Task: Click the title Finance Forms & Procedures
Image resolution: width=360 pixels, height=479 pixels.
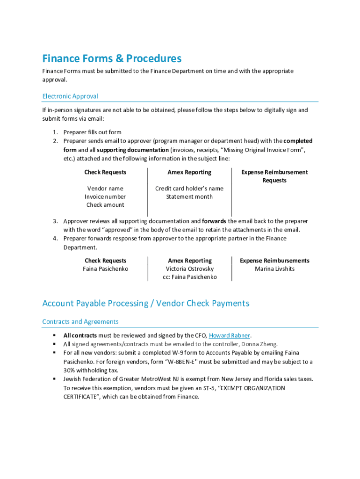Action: pyautogui.click(x=112, y=58)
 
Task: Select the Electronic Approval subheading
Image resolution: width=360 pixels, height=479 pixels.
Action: pyautogui.click(x=70, y=96)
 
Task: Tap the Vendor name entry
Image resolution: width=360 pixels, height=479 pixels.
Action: pyautogui.click(x=105, y=189)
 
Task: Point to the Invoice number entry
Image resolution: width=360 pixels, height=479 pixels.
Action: pyautogui.click(x=105, y=196)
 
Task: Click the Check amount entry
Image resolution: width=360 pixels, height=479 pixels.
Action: pyautogui.click(x=105, y=205)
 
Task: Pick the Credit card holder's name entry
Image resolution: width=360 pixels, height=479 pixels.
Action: pyautogui.click(x=189, y=189)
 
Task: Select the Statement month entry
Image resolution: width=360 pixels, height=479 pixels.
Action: pyautogui.click(x=189, y=196)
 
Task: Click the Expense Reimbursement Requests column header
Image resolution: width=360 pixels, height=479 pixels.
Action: pyautogui.click(x=274, y=176)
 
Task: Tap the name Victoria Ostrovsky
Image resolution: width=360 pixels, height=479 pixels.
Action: pyautogui.click(x=189, y=269)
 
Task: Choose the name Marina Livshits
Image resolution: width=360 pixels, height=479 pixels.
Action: pyautogui.click(x=274, y=269)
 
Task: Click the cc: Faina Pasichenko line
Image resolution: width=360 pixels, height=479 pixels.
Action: pyautogui.click(x=189, y=277)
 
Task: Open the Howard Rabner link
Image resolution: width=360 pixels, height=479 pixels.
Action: pyautogui.click(x=230, y=335)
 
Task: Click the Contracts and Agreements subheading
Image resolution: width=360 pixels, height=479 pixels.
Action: pyautogui.click(x=80, y=321)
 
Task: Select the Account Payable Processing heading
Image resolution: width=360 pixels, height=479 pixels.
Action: pyautogui.click(x=145, y=303)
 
